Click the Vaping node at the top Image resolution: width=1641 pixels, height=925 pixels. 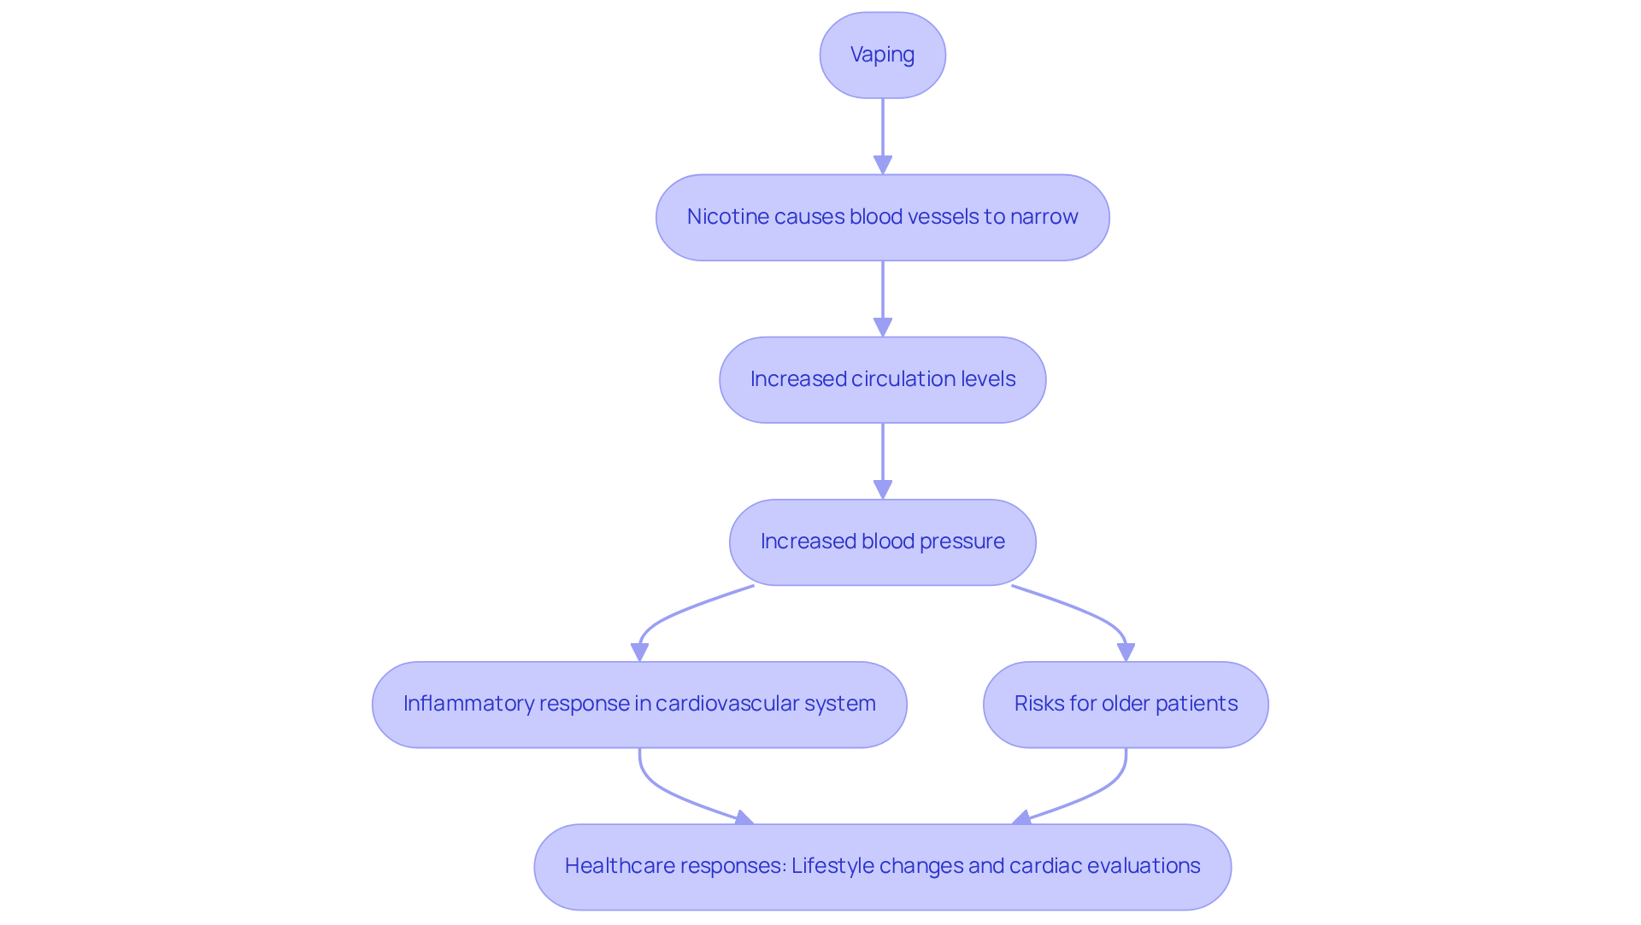882,55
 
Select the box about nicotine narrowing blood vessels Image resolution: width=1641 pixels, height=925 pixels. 882,217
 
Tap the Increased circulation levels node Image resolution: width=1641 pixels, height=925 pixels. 882,379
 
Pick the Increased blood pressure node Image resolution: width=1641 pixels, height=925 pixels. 882,542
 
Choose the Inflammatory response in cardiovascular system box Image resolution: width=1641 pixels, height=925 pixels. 639,704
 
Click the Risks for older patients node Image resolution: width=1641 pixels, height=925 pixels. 1126,704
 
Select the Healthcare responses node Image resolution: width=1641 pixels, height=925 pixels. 882,866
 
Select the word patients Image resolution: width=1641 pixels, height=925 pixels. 1197,704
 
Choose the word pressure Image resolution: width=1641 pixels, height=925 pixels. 962,542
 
